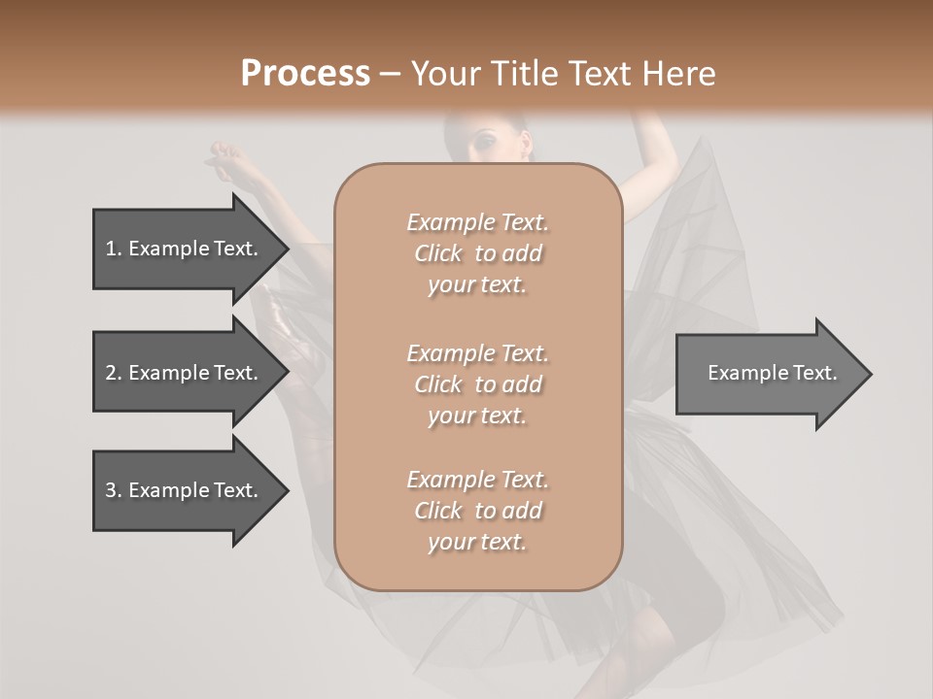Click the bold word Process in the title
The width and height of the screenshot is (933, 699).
(x=305, y=74)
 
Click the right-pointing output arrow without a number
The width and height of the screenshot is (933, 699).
(x=768, y=373)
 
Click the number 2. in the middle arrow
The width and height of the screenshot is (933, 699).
(x=113, y=373)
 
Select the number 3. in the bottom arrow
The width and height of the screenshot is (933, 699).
(x=113, y=490)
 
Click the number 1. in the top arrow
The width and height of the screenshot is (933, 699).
(x=113, y=249)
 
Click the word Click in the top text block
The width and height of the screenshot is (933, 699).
(x=438, y=254)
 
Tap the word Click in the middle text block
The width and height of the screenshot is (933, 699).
(x=438, y=384)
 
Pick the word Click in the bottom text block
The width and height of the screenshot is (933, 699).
(x=438, y=511)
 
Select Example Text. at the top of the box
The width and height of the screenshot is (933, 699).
(x=478, y=222)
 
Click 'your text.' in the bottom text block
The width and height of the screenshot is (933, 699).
(x=477, y=543)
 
